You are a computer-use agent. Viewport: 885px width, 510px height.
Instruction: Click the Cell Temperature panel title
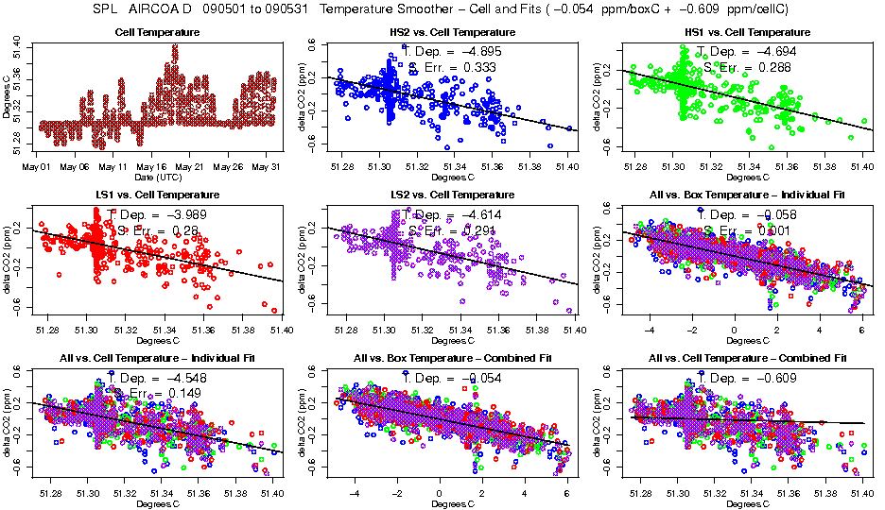pyautogui.click(x=157, y=33)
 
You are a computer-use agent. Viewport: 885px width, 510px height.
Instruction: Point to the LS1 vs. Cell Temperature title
pyautogui.click(x=157, y=195)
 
